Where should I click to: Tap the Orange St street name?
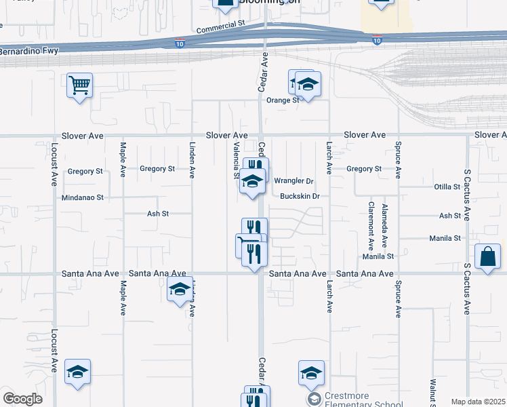(x=283, y=100)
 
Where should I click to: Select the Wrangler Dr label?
(x=294, y=181)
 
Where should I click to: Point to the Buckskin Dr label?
(x=299, y=197)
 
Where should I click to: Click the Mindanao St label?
(x=85, y=198)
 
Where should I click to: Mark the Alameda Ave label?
(x=385, y=224)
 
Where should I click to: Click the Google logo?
(x=22, y=399)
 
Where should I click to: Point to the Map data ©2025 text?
(x=478, y=402)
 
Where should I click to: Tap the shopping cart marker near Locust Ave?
(x=80, y=85)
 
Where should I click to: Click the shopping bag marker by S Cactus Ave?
(x=488, y=256)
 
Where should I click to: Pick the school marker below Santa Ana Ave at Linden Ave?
(x=179, y=290)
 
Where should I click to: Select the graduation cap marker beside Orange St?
(x=308, y=84)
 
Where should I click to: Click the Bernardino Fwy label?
(x=30, y=51)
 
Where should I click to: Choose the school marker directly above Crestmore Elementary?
(x=311, y=372)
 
